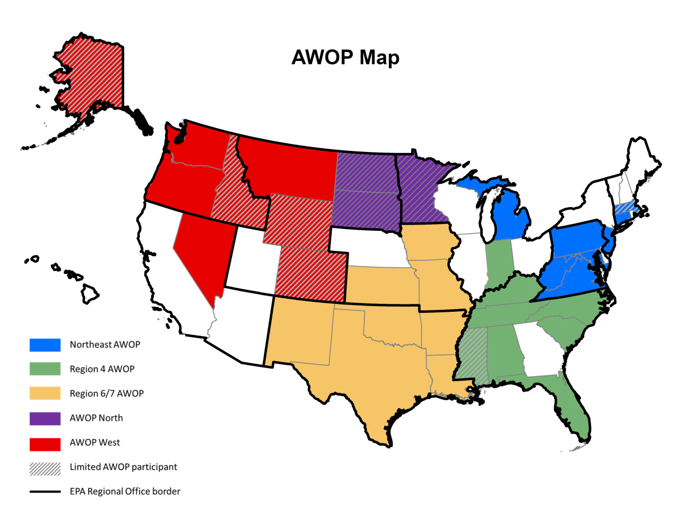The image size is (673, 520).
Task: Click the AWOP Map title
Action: click(345, 57)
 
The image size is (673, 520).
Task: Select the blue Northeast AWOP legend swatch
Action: click(45, 345)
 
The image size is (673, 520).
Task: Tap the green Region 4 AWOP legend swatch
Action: click(45, 369)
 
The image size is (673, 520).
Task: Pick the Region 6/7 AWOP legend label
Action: click(107, 394)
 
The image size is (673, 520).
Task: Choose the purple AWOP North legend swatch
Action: click(45, 418)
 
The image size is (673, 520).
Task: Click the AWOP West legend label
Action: click(95, 443)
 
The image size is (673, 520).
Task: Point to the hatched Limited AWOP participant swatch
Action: click(45, 467)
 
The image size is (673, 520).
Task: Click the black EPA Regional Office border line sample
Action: click(45, 492)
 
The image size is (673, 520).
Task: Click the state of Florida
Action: click(570, 410)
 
